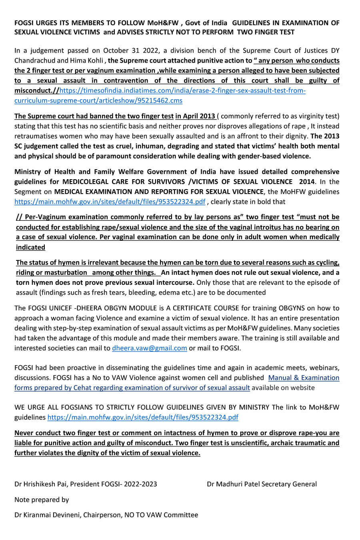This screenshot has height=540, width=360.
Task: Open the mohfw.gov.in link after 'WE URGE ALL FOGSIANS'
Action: tap(143, 417)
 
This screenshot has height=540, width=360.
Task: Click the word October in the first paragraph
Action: tap(116, 50)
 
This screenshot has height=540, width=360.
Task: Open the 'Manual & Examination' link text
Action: tap(304, 378)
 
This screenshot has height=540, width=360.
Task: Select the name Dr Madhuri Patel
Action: tap(233, 484)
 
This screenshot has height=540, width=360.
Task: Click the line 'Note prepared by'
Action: tap(42, 500)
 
